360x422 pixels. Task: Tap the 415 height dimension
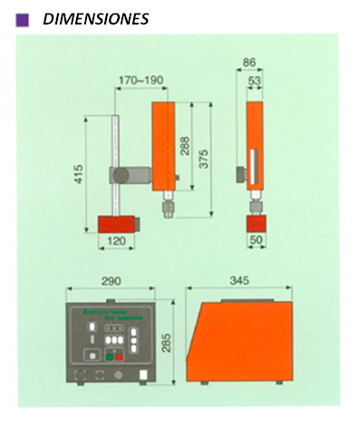tap(78, 172)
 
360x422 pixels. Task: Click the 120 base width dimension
tap(115, 243)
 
